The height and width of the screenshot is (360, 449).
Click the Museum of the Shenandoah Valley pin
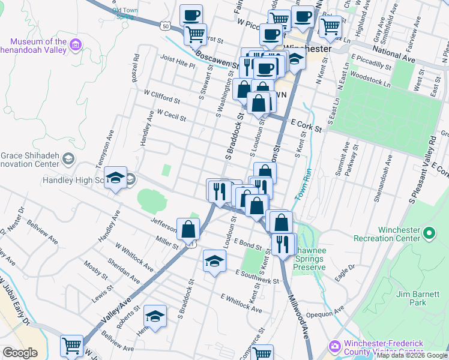[x=75, y=44]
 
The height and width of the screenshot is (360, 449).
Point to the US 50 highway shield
[x=166, y=25]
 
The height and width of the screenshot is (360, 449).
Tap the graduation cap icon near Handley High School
[x=116, y=178]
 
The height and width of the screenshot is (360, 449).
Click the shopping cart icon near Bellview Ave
[x=71, y=345]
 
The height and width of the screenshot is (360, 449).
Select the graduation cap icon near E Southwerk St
[x=214, y=260]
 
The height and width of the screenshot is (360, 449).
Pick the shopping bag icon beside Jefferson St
[x=188, y=229]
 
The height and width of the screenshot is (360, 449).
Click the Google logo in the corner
[x=20, y=352]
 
